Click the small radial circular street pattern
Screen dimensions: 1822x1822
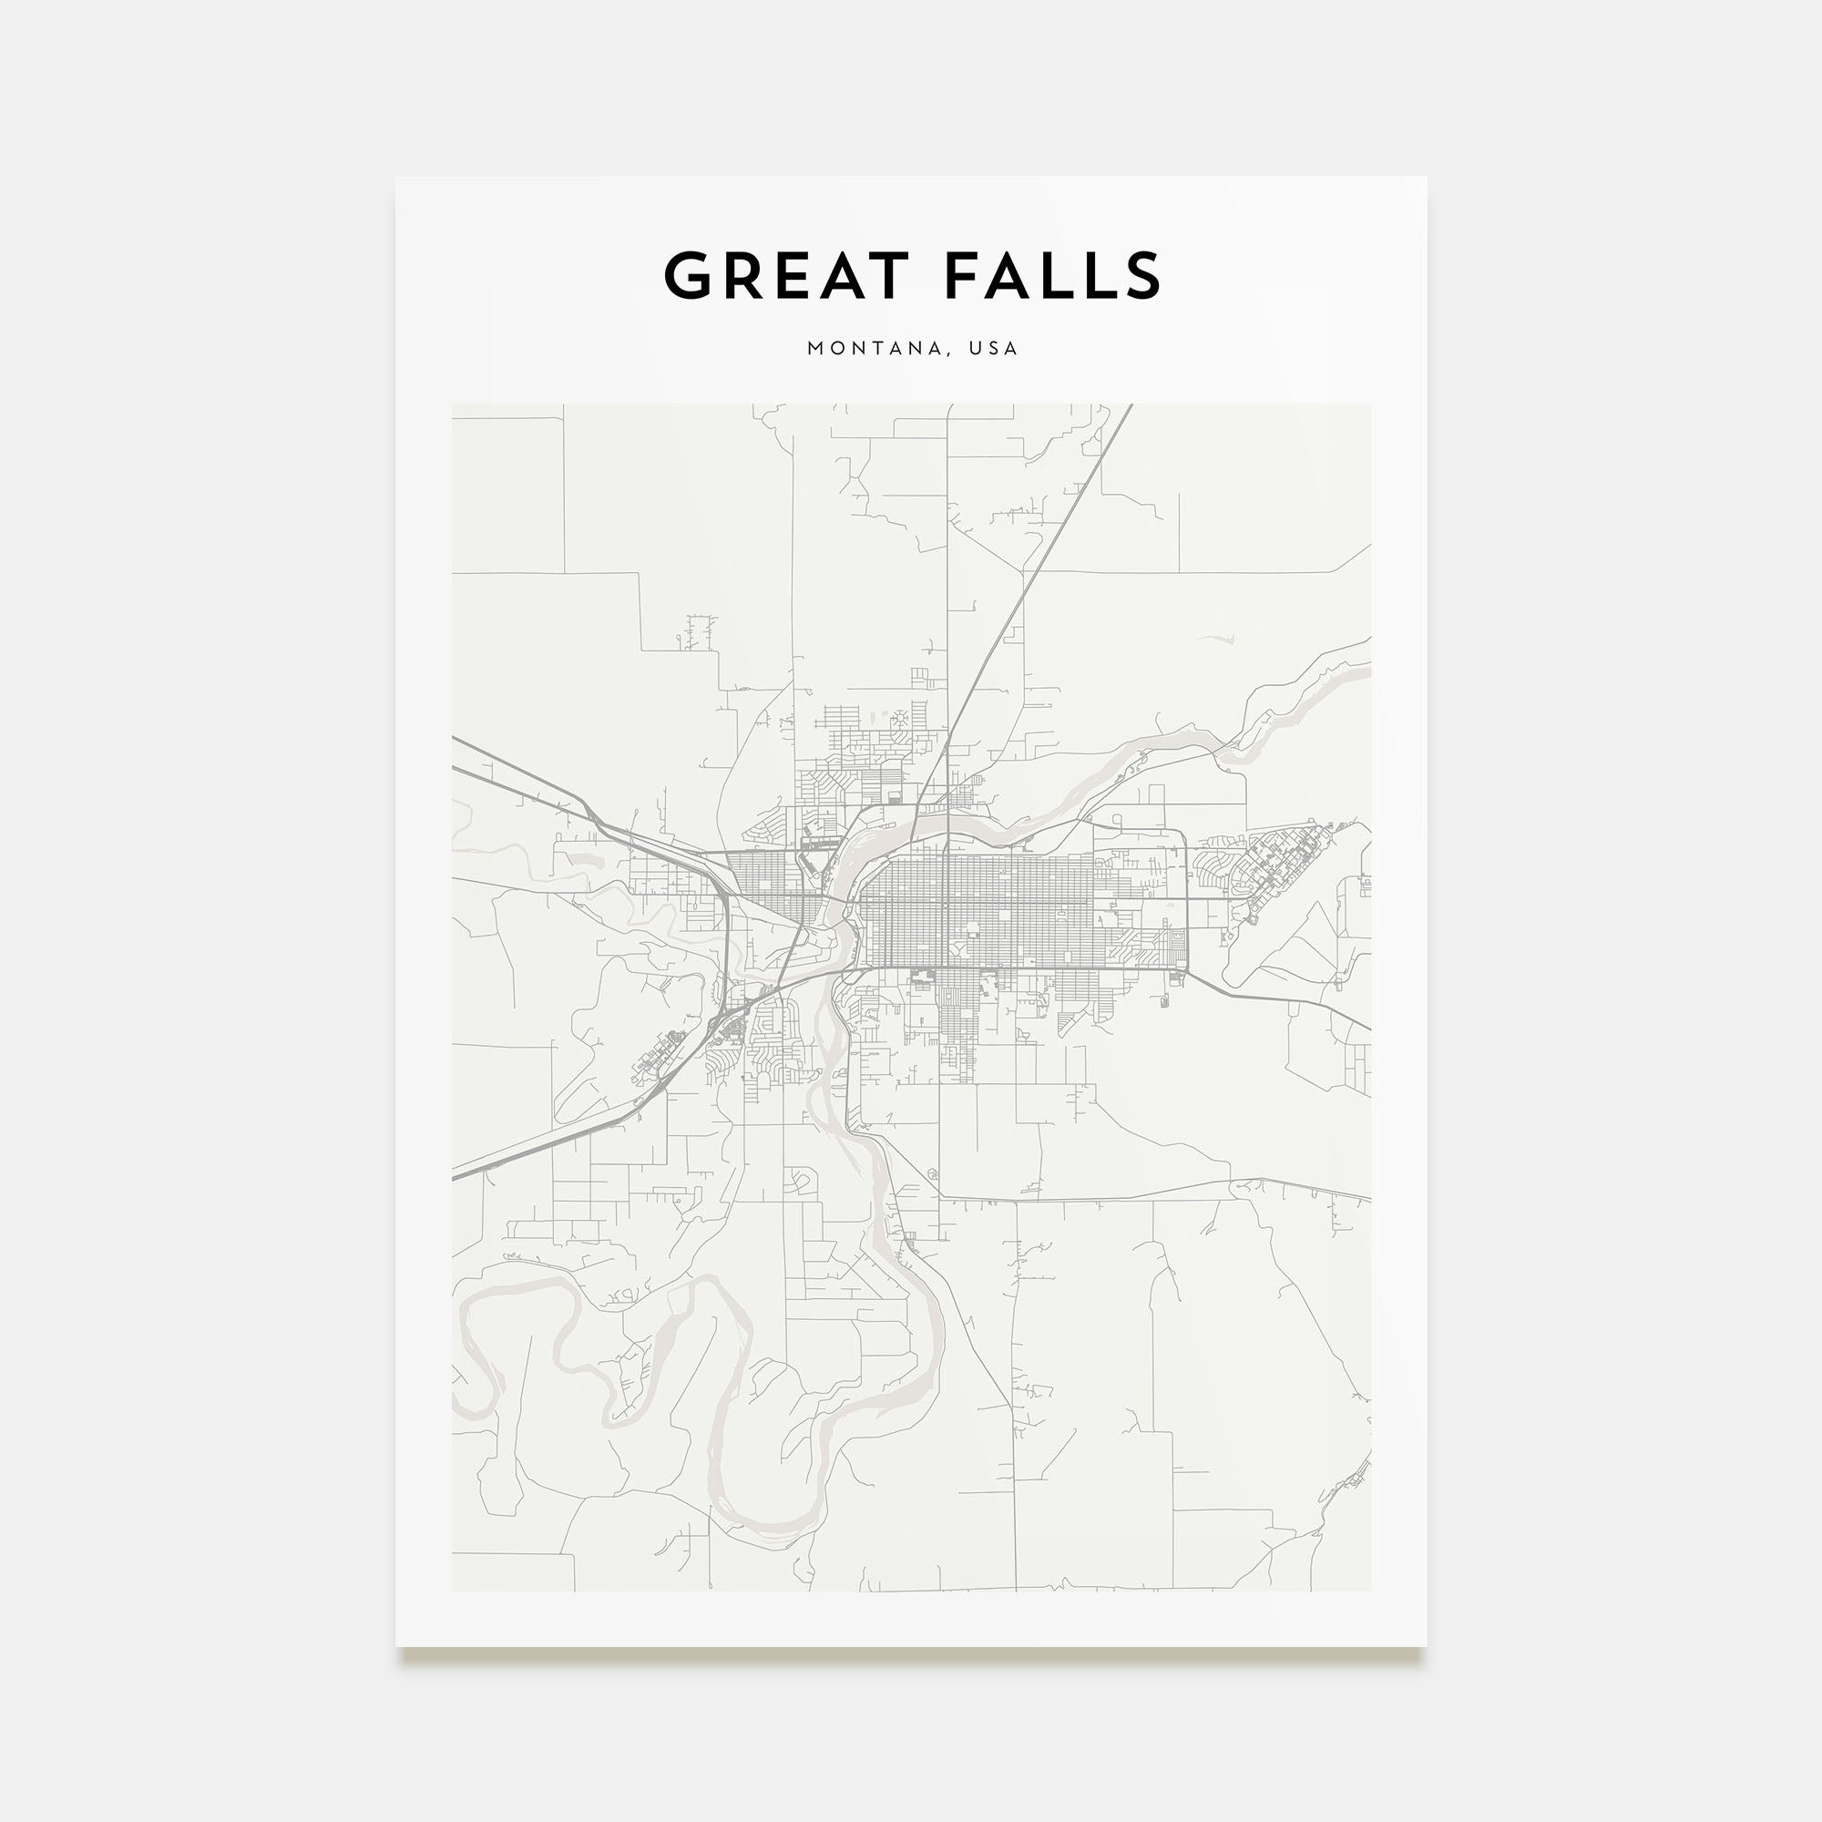click(900, 721)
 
